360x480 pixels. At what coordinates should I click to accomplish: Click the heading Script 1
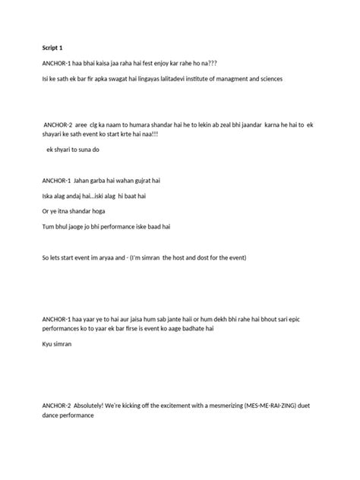point(53,48)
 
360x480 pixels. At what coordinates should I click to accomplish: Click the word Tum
point(49,226)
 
